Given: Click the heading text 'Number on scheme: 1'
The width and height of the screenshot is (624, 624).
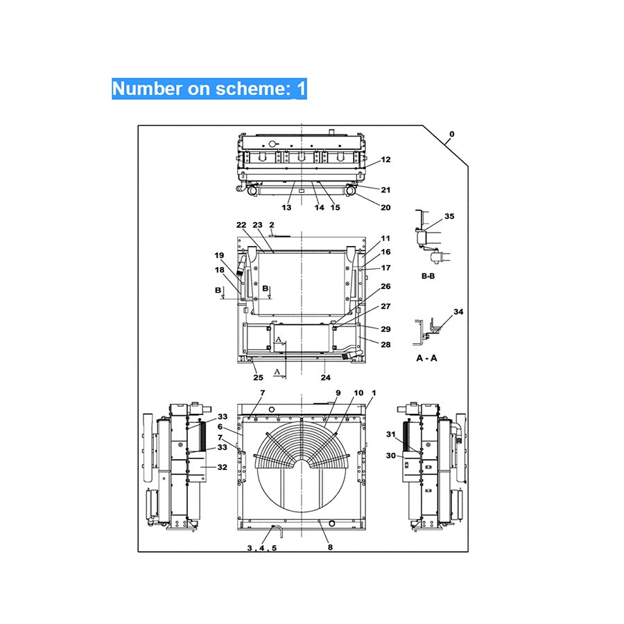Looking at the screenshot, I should (x=209, y=89).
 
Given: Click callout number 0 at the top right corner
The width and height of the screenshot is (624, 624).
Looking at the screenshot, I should (x=452, y=134).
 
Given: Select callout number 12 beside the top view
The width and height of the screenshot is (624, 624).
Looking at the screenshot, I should (x=385, y=159).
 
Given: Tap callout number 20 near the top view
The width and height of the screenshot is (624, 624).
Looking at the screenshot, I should (x=385, y=207).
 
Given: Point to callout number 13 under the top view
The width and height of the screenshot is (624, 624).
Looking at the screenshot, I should (x=286, y=207).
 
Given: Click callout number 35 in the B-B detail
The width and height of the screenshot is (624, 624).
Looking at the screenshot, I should (x=449, y=216).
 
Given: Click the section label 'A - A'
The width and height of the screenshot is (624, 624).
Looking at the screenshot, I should (x=426, y=358).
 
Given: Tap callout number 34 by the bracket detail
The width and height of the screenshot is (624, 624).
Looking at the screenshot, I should (x=458, y=313).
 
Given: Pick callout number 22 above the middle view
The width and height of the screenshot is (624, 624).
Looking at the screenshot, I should (x=241, y=225).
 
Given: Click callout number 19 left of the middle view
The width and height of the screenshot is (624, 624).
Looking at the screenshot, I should (x=219, y=255).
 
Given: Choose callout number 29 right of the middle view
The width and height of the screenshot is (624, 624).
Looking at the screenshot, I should (x=385, y=329).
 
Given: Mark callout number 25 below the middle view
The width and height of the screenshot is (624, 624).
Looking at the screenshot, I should (x=258, y=378).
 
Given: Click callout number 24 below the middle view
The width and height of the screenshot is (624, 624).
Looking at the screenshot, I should (x=325, y=378).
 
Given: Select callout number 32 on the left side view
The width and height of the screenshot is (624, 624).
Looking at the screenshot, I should (x=222, y=467).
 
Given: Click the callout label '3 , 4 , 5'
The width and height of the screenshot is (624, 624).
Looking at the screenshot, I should (x=261, y=548).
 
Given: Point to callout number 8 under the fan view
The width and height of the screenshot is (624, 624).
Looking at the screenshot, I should (x=330, y=548).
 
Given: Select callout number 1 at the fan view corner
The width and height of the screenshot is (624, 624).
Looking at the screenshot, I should (x=374, y=393).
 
